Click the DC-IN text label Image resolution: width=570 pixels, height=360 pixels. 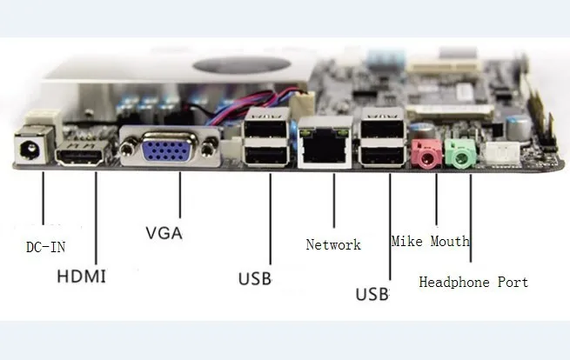[46, 247]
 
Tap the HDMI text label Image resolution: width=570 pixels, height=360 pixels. [82, 277]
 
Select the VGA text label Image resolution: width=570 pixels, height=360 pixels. [164, 233]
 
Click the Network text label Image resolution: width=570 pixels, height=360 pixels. [333, 244]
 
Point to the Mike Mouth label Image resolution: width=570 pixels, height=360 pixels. [431, 241]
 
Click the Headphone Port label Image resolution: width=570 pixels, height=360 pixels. [473, 282]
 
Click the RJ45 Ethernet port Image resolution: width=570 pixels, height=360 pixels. [325, 143]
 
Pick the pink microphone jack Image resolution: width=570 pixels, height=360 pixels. [426, 155]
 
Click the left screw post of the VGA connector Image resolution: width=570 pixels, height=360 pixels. [128, 149]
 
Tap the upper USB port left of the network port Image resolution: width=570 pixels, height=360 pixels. [267, 128]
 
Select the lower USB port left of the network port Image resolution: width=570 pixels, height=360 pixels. [267, 155]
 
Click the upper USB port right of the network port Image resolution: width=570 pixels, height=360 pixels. [382, 127]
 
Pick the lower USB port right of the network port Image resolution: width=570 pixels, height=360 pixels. [382, 155]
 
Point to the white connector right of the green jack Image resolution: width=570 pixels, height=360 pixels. [500, 152]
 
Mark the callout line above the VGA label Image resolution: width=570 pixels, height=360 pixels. [180, 195]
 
